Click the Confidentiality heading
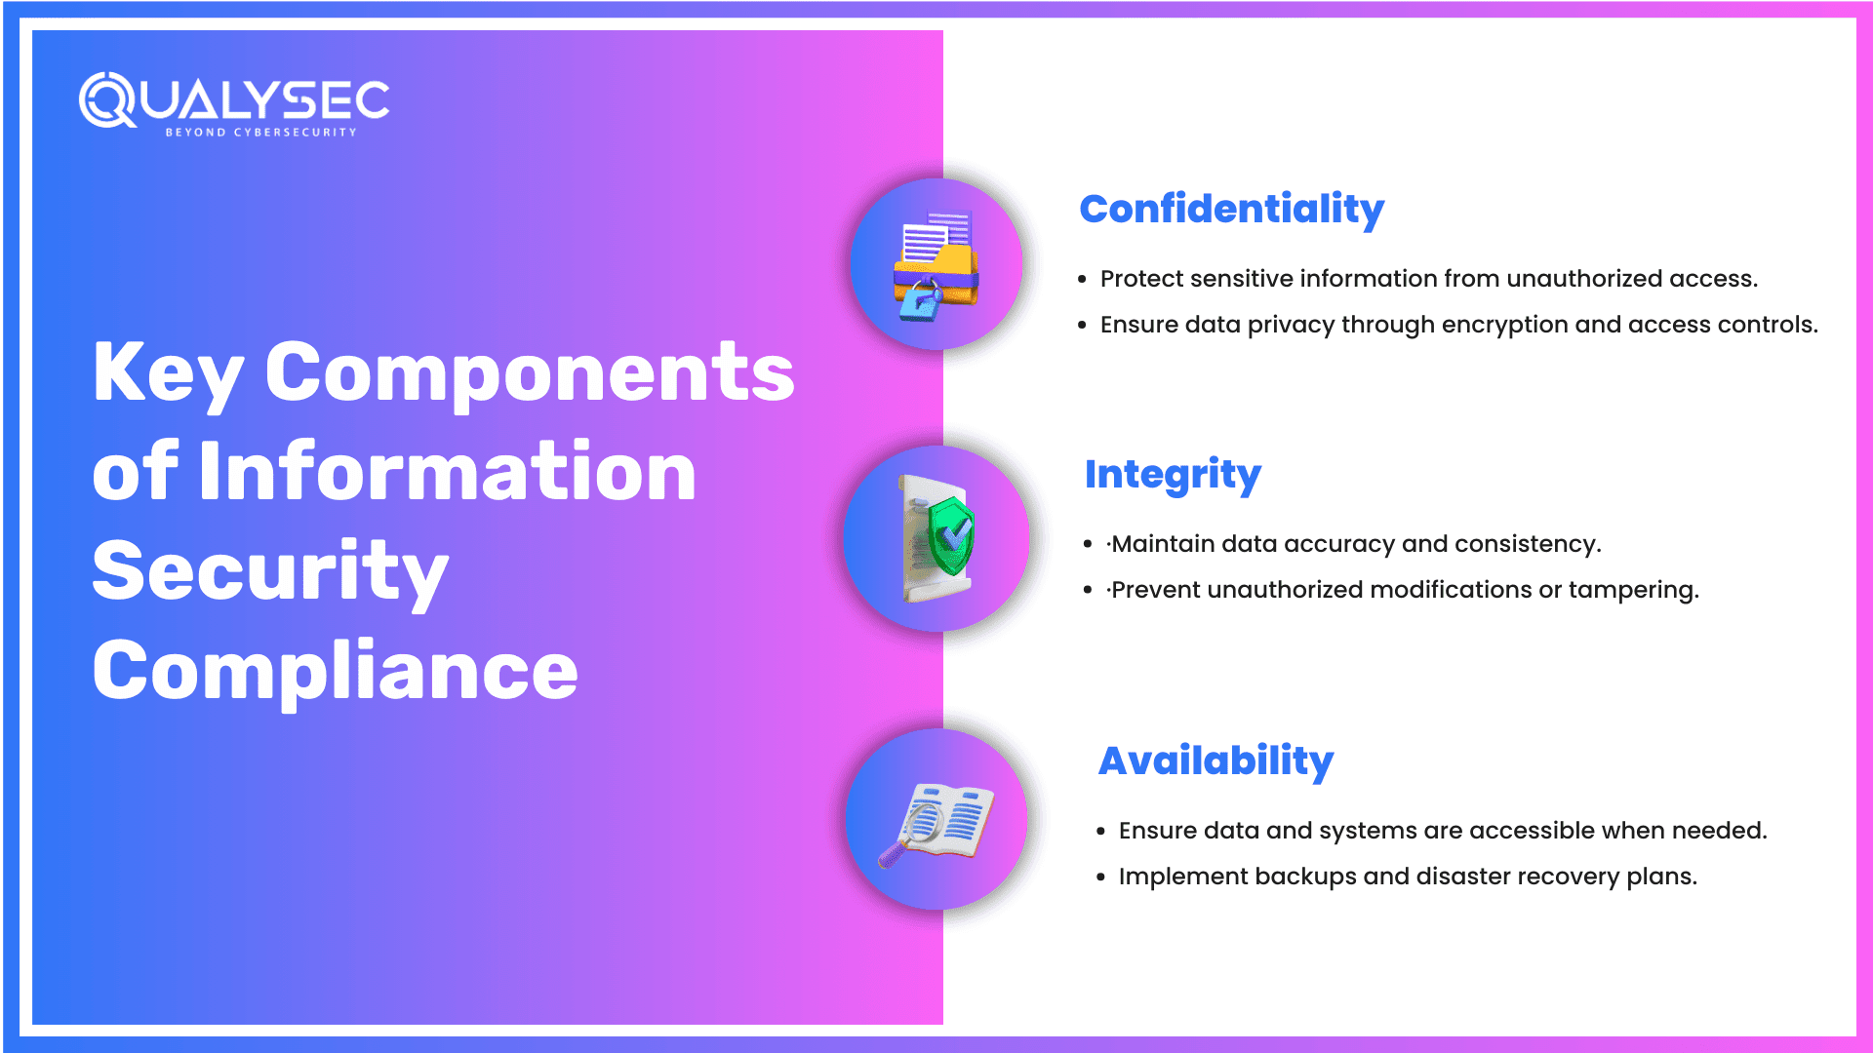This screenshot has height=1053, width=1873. point(1231,210)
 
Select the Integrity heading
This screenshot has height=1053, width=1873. point(1173,475)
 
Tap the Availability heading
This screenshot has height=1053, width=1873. point(1215,760)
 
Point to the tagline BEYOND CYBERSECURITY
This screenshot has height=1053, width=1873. point(260,133)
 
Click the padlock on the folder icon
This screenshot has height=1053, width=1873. point(919,302)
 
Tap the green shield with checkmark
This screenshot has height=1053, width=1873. point(949,536)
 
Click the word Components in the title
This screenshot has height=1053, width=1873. point(530,372)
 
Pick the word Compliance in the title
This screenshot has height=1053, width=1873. point(335,671)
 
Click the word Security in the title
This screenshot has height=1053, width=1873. point(270,571)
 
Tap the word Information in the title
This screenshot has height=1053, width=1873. point(448,472)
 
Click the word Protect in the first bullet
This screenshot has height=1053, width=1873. point(1141,279)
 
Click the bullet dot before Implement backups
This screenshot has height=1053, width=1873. point(1100,877)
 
